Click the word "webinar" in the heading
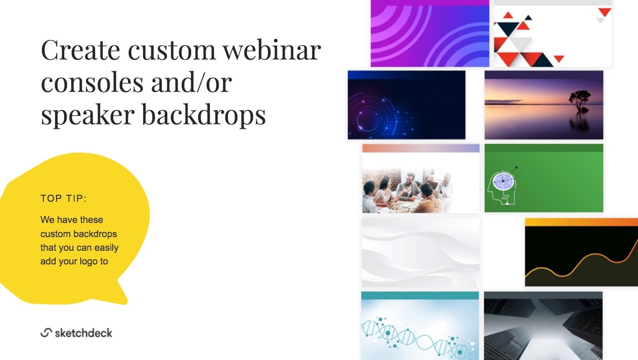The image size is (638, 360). (271, 50)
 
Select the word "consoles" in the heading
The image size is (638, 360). (92, 82)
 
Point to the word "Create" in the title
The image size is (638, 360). (80, 50)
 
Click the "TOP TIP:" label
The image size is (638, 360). (64, 198)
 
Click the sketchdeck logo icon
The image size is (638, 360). (46, 332)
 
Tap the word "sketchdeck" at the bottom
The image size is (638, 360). (83, 333)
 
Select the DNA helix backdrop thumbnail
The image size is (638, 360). (420, 326)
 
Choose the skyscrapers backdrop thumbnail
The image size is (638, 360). (543, 326)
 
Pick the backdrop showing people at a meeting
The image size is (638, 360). (421, 178)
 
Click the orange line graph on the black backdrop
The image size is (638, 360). (581, 260)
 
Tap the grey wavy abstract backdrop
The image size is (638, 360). (421, 253)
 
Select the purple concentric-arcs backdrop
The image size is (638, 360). (430, 33)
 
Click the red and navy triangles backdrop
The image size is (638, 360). (553, 33)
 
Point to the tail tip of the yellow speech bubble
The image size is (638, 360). (125, 302)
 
